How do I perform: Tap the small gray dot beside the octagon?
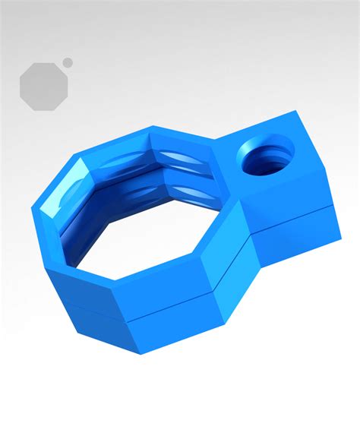[x=68, y=62]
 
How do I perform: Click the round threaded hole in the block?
[x=266, y=158]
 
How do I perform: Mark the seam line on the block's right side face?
[x=292, y=220]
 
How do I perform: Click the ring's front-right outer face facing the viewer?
[x=171, y=311]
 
